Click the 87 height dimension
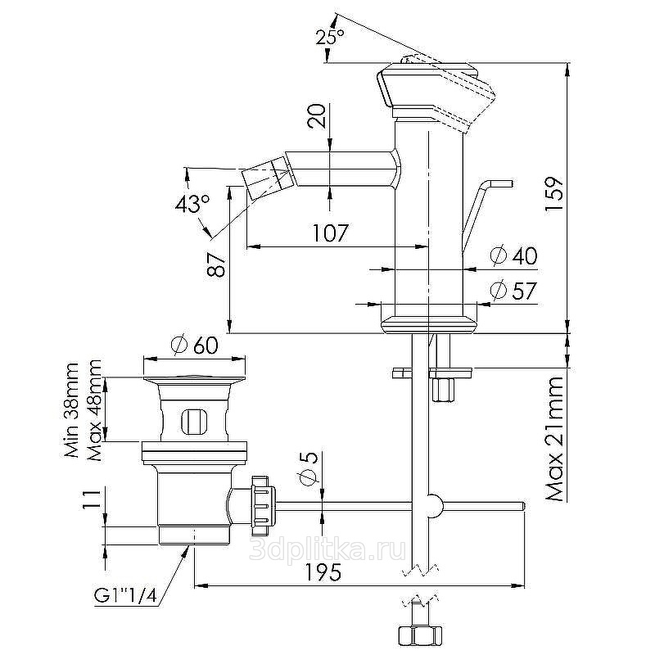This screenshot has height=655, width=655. point(216,264)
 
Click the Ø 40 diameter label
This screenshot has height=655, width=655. point(513,255)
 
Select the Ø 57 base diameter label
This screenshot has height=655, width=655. point(513,290)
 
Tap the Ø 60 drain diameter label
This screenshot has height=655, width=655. point(195,345)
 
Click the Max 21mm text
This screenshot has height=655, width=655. point(556,439)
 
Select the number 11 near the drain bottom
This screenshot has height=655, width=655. point(93,500)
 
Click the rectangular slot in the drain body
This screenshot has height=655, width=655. point(194,422)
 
